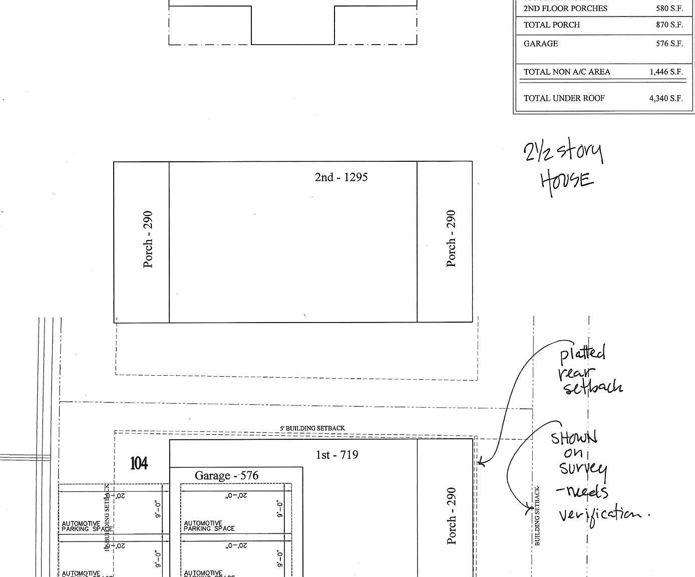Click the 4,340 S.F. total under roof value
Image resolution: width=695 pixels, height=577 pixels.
(x=666, y=98)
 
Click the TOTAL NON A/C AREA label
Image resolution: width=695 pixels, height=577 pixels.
(x=566, y=72)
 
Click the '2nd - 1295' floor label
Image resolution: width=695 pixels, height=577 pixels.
(x=341, y=177)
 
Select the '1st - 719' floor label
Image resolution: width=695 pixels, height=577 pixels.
(x=336, y=455)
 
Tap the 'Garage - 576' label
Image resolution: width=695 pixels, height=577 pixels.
(x=226, y=475)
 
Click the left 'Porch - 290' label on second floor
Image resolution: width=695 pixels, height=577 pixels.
(x=148, y=239)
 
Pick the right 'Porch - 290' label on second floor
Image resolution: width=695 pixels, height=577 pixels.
(x=451, y=238)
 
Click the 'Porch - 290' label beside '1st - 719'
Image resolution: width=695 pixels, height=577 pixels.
(x=451, y=515)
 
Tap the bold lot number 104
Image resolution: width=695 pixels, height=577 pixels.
(x=139, y=463)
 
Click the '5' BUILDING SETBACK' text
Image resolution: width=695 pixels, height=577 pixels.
(x=312, y=428)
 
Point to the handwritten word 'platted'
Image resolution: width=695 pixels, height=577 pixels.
(x=582, y=354)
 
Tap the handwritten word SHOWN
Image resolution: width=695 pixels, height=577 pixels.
(x=574, y=438)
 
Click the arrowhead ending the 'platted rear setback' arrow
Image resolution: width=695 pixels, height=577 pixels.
(x=480, y=463)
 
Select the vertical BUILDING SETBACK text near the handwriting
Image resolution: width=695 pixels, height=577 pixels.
(x=537, y=516)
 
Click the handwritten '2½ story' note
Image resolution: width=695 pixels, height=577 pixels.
(x=563, y=151)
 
